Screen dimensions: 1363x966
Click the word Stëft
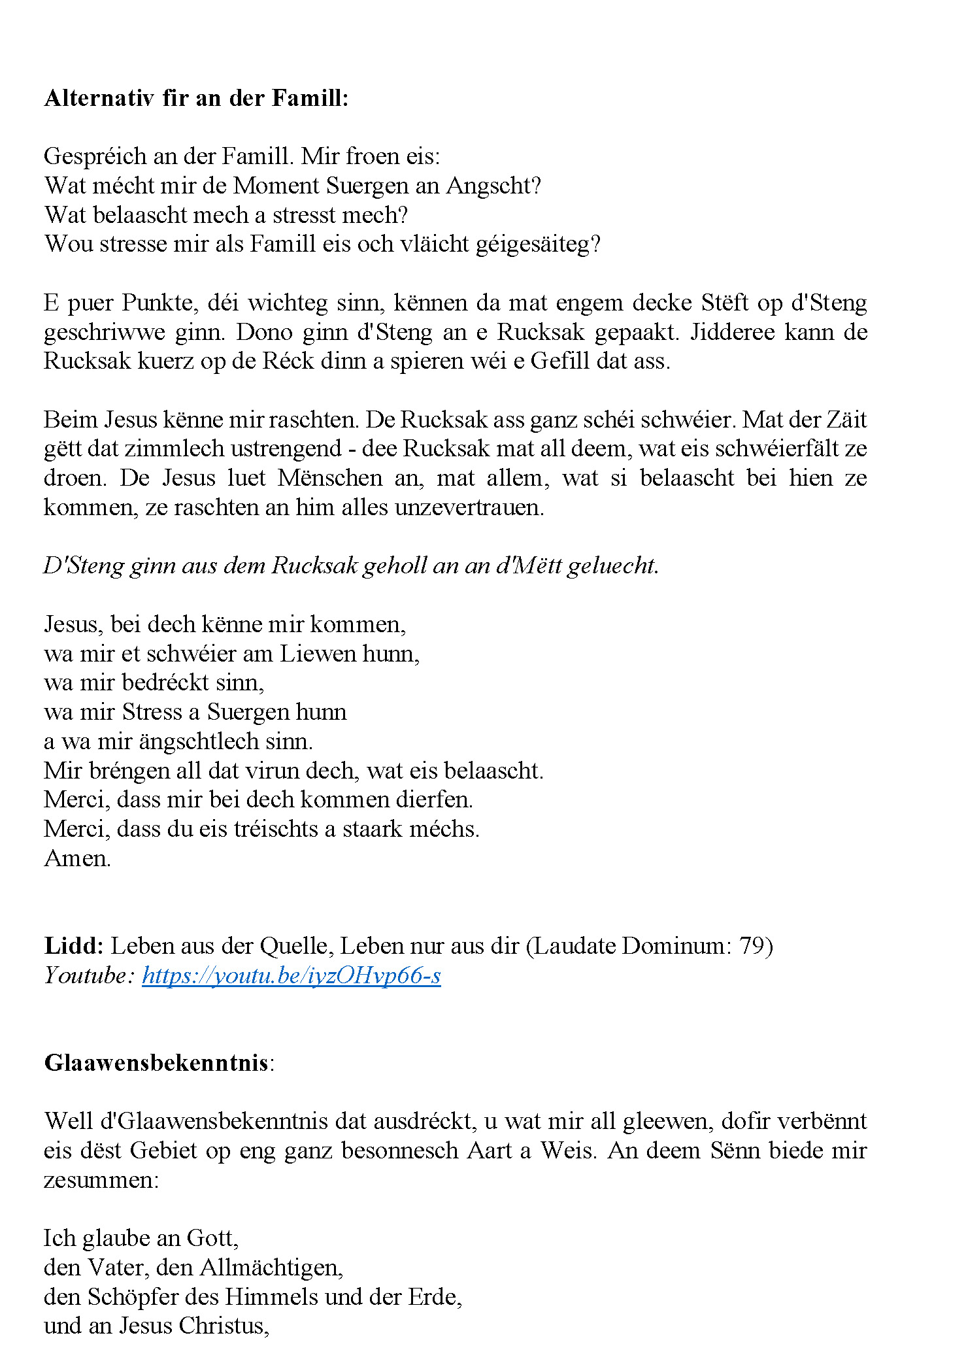[x=724, y=303]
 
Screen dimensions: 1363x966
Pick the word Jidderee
[x=732, y=332]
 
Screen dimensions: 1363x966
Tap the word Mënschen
[x=330, y=478]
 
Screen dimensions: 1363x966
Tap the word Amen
[x=76, y=858]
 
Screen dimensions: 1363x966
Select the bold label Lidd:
[x=73, y=946]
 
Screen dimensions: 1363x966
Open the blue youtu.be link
[x=291, y=975]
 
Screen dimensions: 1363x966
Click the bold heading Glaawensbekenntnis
[x=156, y=1063]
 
